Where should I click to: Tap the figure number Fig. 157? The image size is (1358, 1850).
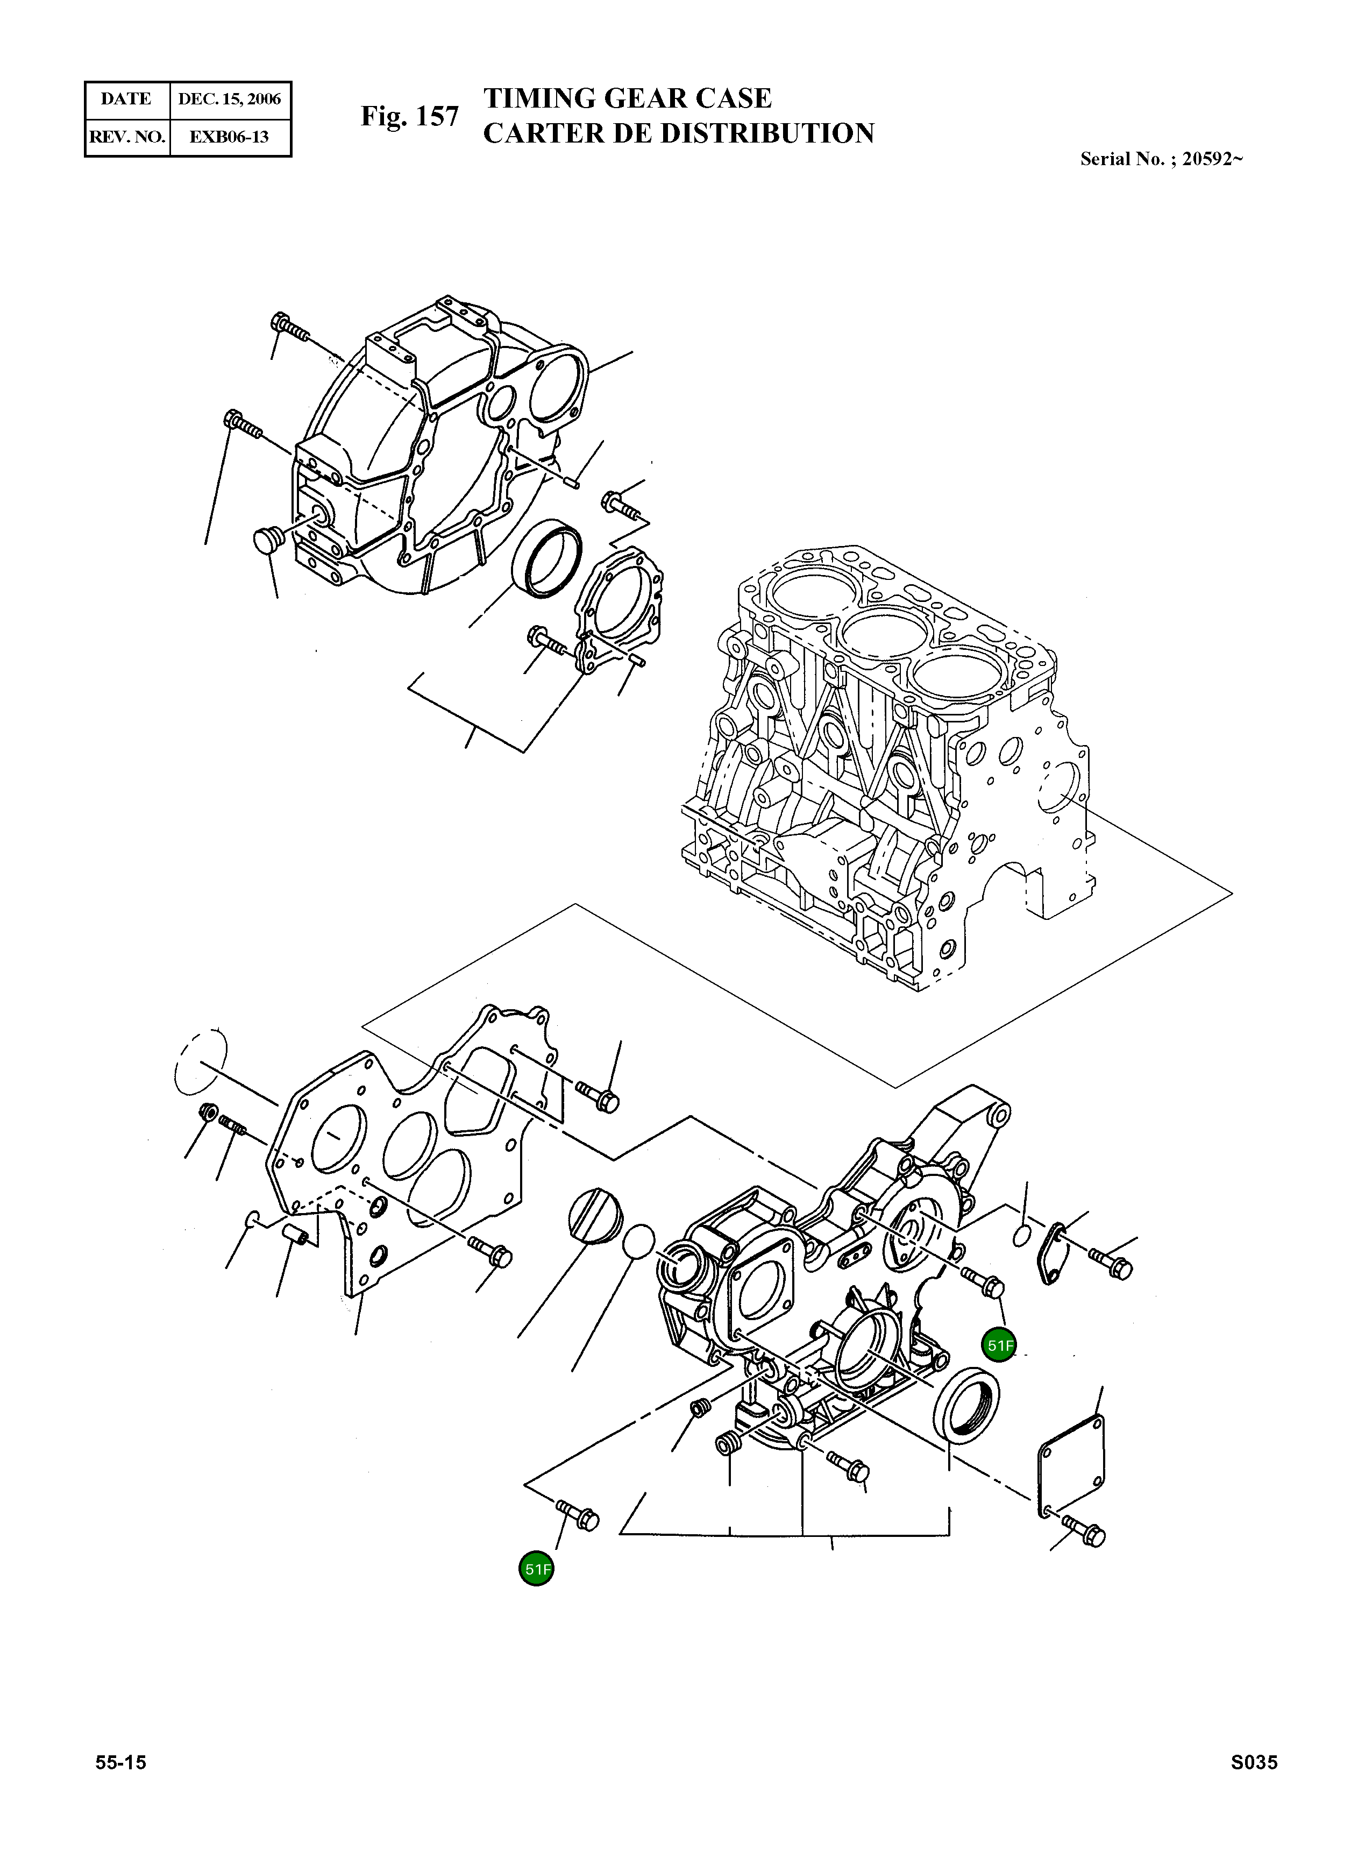point(409,117)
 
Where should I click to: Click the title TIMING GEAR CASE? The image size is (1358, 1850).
point(627,98)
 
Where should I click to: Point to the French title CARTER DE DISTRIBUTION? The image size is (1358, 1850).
point(678,133)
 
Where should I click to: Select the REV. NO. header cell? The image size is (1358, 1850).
point(126,137)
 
